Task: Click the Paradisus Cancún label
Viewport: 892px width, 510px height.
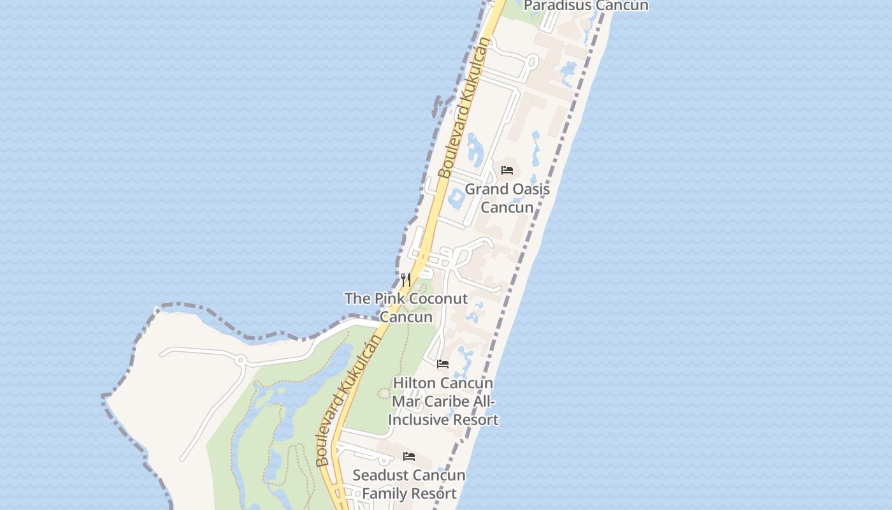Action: (586, 6)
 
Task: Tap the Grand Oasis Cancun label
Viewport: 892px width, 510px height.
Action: (507, 198)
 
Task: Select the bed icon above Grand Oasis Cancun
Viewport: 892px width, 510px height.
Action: (507, 170)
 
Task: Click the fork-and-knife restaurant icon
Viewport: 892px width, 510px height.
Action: (406, 279)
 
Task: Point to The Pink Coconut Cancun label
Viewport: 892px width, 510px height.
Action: (406, 307)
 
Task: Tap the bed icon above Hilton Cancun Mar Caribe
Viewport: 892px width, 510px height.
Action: (443, 364)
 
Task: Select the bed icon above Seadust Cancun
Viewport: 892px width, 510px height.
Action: (409, 456)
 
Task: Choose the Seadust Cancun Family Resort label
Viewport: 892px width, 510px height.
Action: (409, 484)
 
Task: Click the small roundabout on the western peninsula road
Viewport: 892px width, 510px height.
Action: (241, 360)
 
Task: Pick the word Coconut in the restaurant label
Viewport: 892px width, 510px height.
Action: (438, 298)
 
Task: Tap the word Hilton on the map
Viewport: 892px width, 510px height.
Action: (415, 383)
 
